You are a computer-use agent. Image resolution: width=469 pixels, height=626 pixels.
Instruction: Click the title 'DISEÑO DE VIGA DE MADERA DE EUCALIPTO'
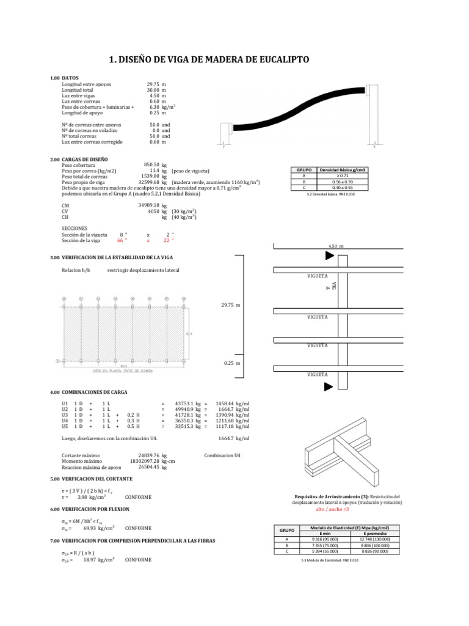209,59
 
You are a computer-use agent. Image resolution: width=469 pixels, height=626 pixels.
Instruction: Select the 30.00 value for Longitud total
153,90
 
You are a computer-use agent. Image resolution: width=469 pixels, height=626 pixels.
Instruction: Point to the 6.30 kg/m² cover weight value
154,107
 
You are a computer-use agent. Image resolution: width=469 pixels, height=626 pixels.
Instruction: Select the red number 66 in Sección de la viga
121,240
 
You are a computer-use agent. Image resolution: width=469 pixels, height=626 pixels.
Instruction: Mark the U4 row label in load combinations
65,421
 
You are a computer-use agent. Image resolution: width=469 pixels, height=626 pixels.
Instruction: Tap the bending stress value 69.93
83,527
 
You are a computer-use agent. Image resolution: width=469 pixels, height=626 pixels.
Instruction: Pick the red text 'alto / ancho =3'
332,509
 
